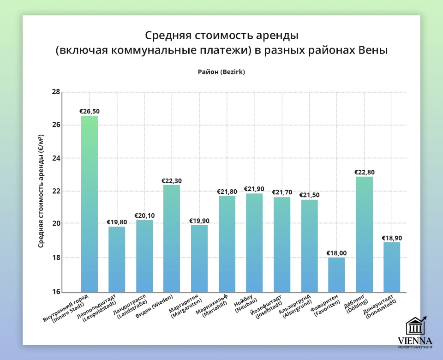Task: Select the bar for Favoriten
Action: [x=336, y=275]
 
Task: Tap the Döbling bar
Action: [x=364, y=234]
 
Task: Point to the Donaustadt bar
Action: [x=391, y=267]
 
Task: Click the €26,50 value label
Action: [x=90, y=111]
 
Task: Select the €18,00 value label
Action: [x=336, y=253]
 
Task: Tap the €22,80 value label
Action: [x=364, y=172]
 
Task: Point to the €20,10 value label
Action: [x=144, y=216]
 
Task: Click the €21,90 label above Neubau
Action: [x=254, y=189]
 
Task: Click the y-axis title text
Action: [x=41, y=191]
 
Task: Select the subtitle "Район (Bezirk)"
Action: [x=221, y=72]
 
